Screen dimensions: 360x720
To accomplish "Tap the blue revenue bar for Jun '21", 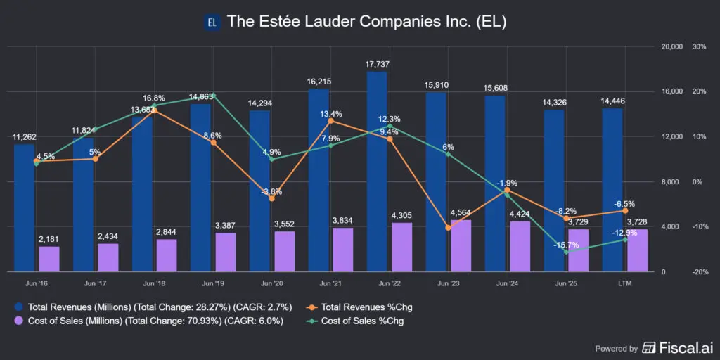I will pyautogui.click(x=318, y=180).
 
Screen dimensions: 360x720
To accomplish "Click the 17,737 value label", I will pyautogui.click(x=378, y=64).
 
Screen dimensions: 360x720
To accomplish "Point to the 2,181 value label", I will pyautogui.click(x=49, y=240).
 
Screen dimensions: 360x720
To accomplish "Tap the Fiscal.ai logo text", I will pyautogui.click(x=677, y=347).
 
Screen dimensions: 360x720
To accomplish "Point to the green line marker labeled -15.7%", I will pyautogui.click(x=566, y=252).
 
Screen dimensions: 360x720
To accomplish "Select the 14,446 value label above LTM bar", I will pyautogui.click(x=614, y=101).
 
